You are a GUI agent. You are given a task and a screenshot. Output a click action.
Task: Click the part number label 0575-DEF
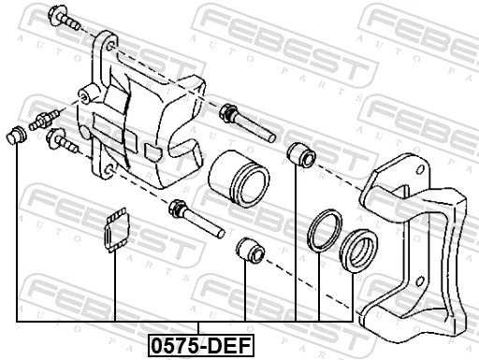pos(201,346)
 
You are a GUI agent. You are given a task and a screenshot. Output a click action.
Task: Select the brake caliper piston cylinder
pos(239,179)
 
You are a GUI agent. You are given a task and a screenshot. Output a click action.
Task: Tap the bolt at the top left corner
pos(65,17)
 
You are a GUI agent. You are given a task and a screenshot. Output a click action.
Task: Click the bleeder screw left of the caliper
pos(43,120)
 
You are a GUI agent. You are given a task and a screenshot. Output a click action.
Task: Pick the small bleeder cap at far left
pos(16,135)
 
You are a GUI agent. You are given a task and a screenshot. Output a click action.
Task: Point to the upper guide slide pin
pos(247,122)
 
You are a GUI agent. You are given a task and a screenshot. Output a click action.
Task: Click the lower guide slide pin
pos(196,218)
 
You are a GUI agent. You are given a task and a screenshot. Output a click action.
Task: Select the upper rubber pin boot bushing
pos(301,153)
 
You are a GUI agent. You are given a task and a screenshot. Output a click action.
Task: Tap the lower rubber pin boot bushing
pos(250,250)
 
